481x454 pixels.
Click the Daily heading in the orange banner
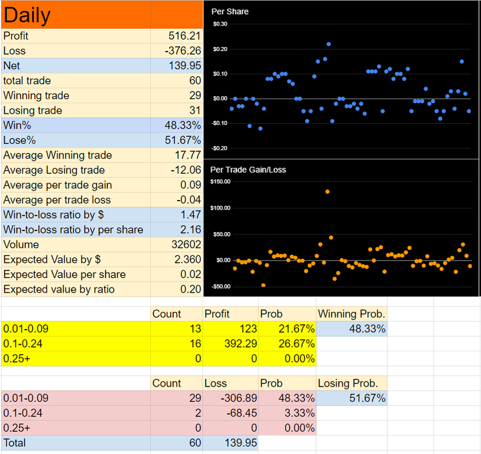click(27, 15)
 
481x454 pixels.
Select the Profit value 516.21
click(184, 36)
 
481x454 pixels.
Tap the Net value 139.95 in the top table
click(185, 66)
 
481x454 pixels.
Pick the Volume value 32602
click(186, 245)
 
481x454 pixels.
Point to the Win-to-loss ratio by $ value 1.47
click(191, 215)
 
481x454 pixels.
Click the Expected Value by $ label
click(52, 259)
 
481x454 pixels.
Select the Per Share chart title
click(230, 12)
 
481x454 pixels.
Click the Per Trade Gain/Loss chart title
click(248, 170)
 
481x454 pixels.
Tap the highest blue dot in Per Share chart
click(328, 44)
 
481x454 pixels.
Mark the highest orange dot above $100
click(327, 192)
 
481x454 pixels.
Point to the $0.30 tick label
click(220, 24)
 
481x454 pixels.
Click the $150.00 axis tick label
click(220, 182)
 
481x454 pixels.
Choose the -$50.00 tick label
click(220, 286)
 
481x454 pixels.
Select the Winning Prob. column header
click(351, 314)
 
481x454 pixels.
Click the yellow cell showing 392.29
click(240, 344)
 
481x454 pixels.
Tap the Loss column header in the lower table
click(216, 383)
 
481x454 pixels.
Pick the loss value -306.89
click(239, 398)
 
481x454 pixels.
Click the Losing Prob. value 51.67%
click(367, 398)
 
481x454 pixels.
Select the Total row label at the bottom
click(15, 443)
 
